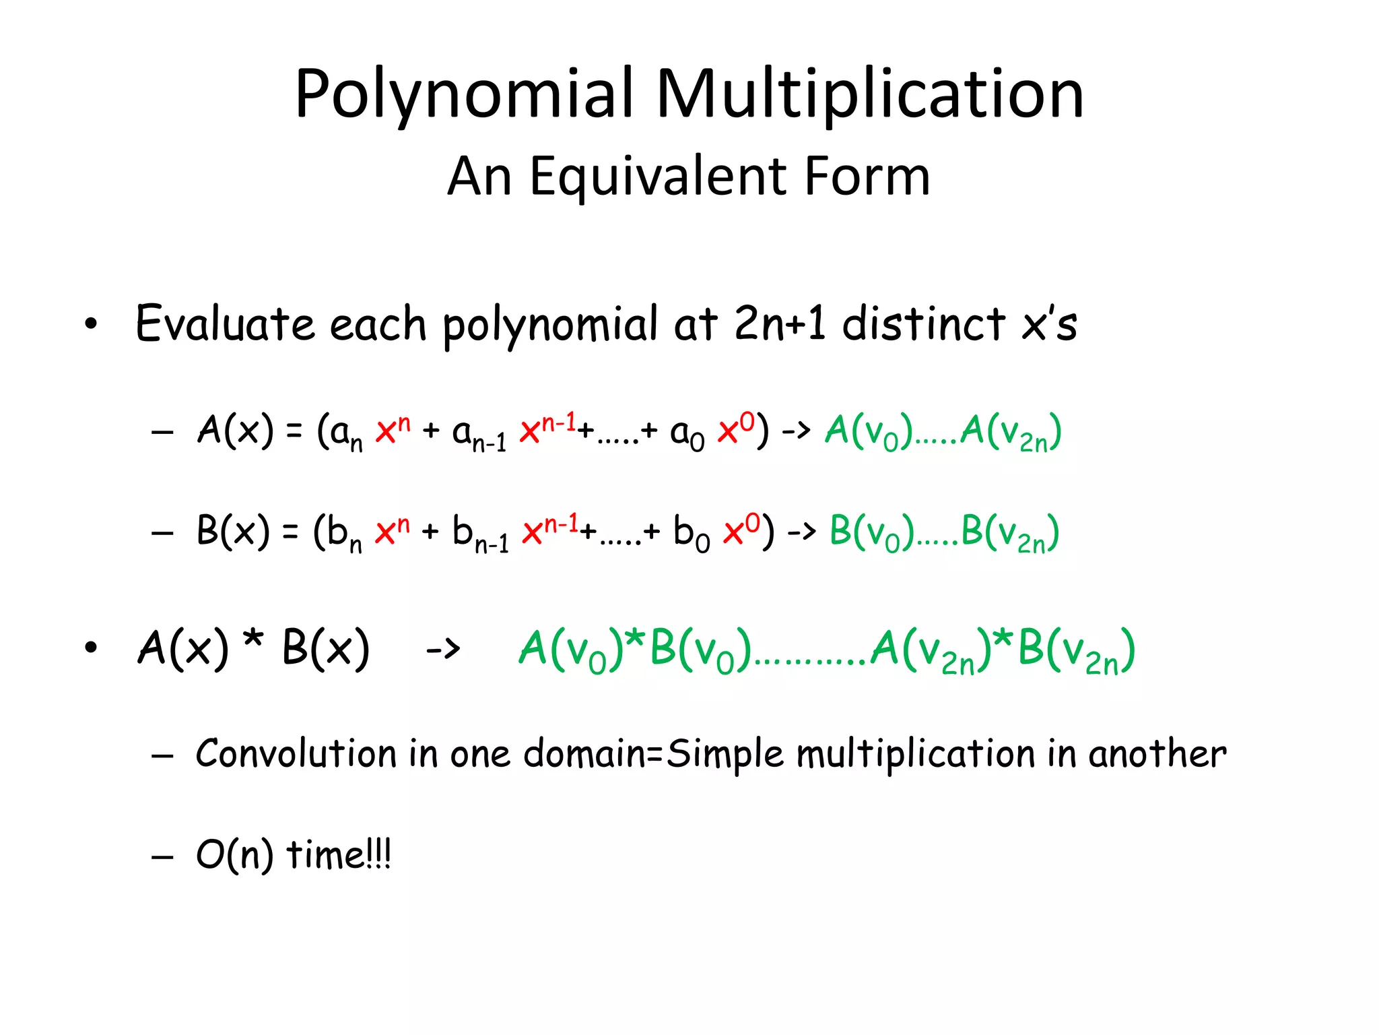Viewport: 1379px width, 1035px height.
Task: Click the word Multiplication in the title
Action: (x=870, y=94)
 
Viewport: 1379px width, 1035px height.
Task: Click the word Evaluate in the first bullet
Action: (x=225, y=323)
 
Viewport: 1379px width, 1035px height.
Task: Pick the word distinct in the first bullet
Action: (x=924, y=323)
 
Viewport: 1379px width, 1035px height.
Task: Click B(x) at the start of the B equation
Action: (x=233, y=531)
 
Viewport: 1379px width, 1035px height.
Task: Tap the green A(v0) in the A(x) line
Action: (x=869, y=431)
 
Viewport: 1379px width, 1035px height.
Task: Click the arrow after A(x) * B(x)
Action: (x=443, y=650)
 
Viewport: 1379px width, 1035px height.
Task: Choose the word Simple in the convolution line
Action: (x=725, y=755)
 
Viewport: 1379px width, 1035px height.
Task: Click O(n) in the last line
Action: (x=234, y=856)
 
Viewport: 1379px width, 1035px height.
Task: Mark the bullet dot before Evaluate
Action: (x=91, y=325)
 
